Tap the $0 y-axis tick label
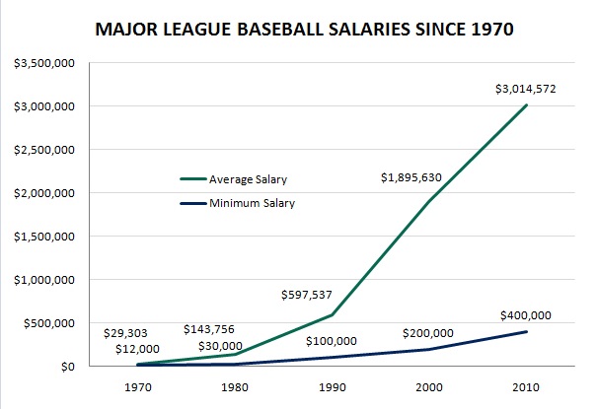(66, 367)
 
